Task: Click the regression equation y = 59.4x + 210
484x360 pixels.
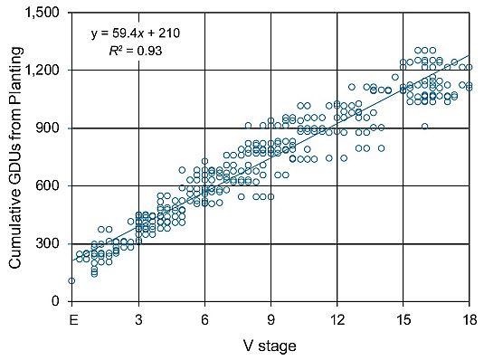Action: pos(136,33)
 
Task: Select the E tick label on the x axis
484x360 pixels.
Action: pos(71,319)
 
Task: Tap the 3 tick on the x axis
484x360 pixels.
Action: pos(138,319)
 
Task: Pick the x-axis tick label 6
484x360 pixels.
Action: pos(204,319)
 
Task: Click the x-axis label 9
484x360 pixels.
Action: pos(270,319)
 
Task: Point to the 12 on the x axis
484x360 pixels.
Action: pos(337,319)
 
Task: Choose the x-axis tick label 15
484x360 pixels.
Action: pos(403,319)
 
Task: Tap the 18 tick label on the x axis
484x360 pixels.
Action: pos(470,319)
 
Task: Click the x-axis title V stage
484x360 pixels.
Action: pos(270,345)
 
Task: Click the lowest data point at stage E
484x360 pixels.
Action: pos(71,280)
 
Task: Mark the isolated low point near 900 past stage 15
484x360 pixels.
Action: pos(424,127)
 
